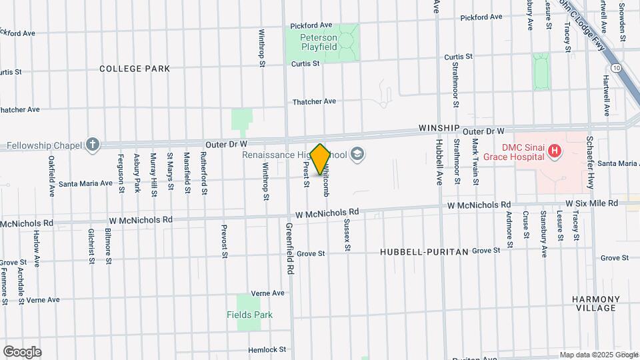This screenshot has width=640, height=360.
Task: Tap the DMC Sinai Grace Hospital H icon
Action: (x=553, y=153)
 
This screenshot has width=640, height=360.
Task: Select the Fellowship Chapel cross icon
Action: (x=92, y=145)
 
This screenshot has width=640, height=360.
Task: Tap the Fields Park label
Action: (x=249, y=315)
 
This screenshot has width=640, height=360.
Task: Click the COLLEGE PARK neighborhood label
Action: (x=135, y=69)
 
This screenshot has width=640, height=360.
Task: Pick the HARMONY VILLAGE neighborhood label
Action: (x=597, y=303)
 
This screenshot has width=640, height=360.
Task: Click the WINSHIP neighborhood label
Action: (x=439, y=128)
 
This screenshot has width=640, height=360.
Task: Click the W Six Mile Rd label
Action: (x=592, y=203)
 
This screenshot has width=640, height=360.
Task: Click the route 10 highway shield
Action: (x=617, y=68)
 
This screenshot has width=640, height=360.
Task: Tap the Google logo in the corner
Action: (x=22, y=352)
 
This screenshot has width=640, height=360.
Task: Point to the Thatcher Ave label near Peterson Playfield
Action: (x=315, y=101)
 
